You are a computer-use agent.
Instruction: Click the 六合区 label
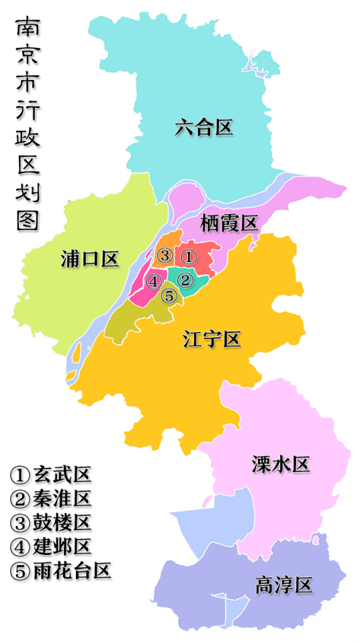(x=204, y=128)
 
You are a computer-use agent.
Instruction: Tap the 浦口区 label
(x=89, y=257)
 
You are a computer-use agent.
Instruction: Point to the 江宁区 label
(x=212, y=340)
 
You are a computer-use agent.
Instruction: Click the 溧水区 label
(x=281, y=463)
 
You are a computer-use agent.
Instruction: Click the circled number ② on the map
(x=186, y=279)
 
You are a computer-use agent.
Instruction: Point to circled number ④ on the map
(x=154, y=281)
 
